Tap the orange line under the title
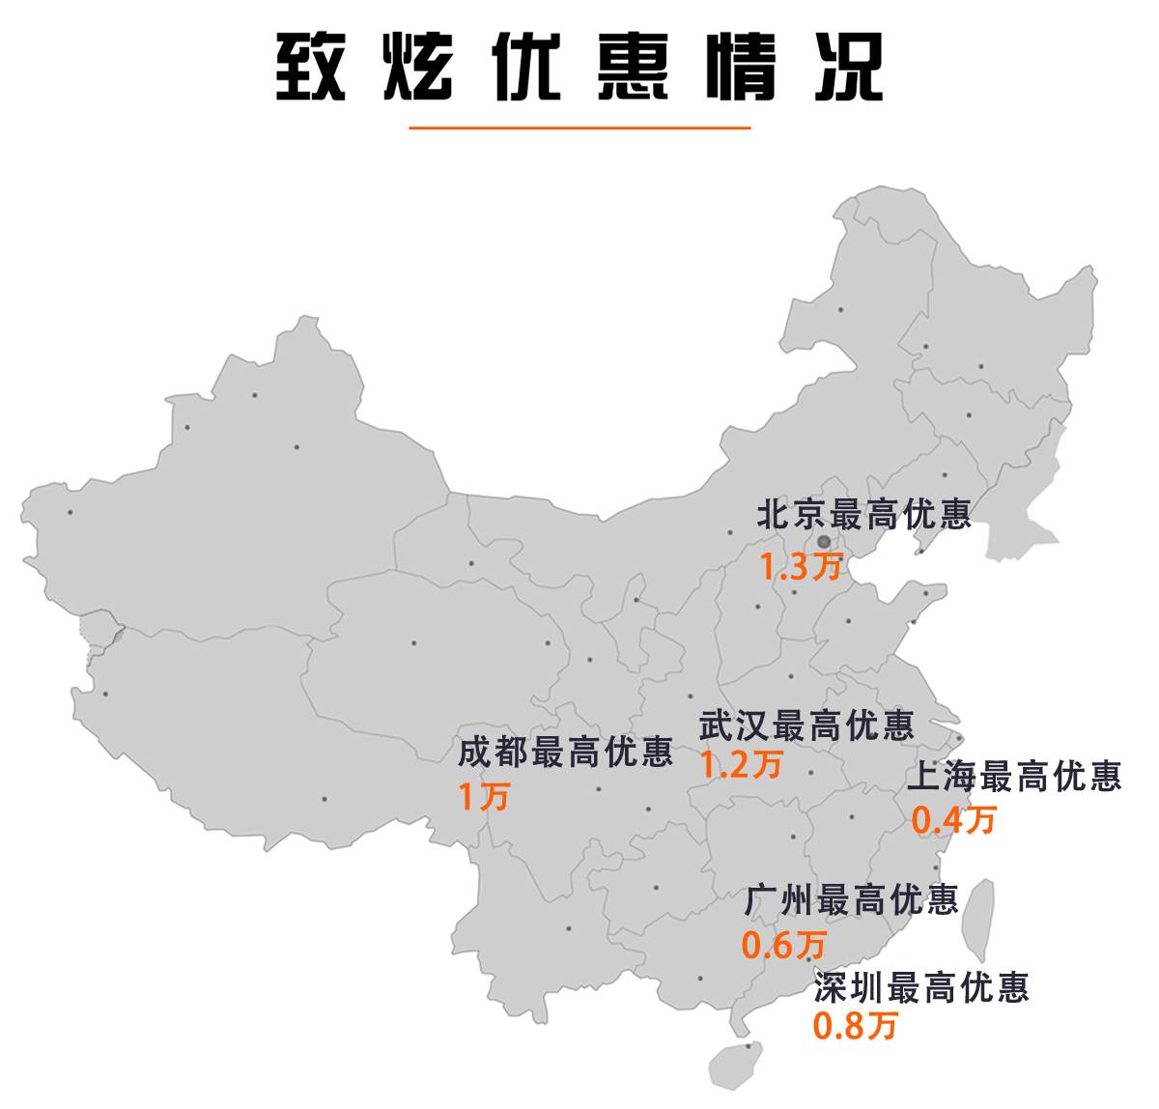coord(579,128)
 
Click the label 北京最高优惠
coord(863,514)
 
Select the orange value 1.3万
coord(800,567)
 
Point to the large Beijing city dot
coord(823,542)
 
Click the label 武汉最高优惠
coord(806,725)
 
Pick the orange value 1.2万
coord(741,765)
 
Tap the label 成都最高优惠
coord(565,753)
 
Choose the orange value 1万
coord(483,797)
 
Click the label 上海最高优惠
coord(1014,776)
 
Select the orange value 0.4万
coord(953,820)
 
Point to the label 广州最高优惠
coord(851,900)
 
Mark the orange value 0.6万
coord(784,945)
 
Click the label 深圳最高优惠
coord(921,987)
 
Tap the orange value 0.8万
coord(855,1025)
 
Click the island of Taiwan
coord(977,916)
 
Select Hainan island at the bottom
coord(736,1064)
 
